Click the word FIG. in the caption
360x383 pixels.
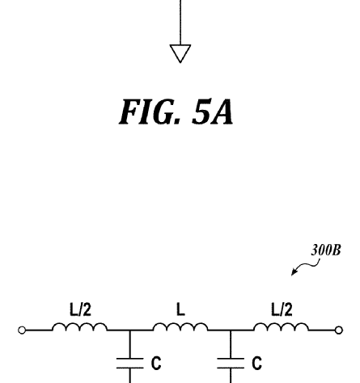point(150,112)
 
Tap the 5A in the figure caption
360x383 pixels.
point(213,112)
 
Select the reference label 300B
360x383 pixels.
point(326,250)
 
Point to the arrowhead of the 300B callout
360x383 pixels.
point(293,273)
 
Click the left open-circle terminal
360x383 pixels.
point(22,330)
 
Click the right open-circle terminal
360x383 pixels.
point(339,330)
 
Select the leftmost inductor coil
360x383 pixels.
point(80,326)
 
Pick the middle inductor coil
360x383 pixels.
point(180,326)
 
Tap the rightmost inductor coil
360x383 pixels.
point(281,326)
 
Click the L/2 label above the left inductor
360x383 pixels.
point(80,309)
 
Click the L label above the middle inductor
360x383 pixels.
point(180,309)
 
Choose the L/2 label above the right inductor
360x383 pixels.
point(282,309)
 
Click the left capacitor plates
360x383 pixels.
point(129,363)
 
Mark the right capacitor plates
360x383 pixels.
point(231,363)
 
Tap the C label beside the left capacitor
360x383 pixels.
point(156,363)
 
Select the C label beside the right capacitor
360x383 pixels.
point(257,363)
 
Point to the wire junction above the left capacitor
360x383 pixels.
point(129,330)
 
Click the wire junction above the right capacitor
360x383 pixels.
point(231,330)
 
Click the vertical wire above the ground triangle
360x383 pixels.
point(180,23)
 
